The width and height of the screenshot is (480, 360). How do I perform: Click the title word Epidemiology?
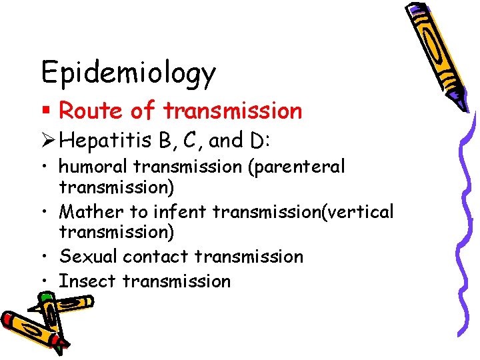click(x=128, y=73)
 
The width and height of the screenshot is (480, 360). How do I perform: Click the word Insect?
click(x=87, y=281)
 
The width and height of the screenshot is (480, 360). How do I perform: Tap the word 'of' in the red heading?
click(x=144, y=111)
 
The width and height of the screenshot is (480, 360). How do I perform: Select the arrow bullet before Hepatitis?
click(x=47, y=141)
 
